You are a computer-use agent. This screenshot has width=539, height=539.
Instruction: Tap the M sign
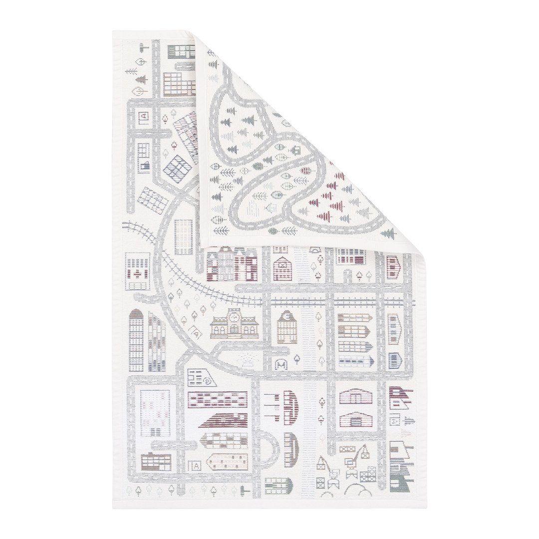281,365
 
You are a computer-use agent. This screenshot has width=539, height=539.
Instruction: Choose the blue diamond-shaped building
177,169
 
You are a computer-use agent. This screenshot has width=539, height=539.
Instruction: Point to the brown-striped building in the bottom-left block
156,462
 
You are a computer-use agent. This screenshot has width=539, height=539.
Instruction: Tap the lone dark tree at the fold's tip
389,233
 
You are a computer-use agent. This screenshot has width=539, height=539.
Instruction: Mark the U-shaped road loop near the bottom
270,449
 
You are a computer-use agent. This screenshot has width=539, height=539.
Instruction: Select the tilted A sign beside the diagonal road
196,334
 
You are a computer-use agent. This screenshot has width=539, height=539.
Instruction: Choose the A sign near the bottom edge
196,466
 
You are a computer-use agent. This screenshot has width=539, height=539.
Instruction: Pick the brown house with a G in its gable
287,327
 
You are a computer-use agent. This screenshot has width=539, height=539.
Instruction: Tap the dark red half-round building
291,408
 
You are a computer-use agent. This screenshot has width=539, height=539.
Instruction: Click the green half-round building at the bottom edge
278,486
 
